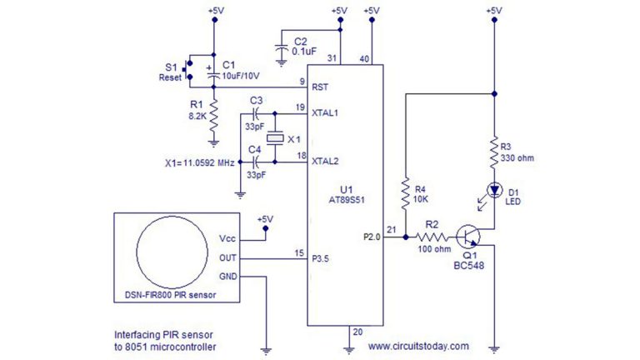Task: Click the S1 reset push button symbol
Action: [x=187, y=72]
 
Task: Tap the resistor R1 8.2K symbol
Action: [x=213, y=112]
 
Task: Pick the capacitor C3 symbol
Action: [x=257, y=111]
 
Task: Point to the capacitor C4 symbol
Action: [x=257, y=156]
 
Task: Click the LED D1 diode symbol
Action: [x=495, y=190]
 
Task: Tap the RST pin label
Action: [x=319, y=87]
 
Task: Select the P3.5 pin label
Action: [x=322, y=258]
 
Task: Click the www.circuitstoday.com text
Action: [x=417, y=345]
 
